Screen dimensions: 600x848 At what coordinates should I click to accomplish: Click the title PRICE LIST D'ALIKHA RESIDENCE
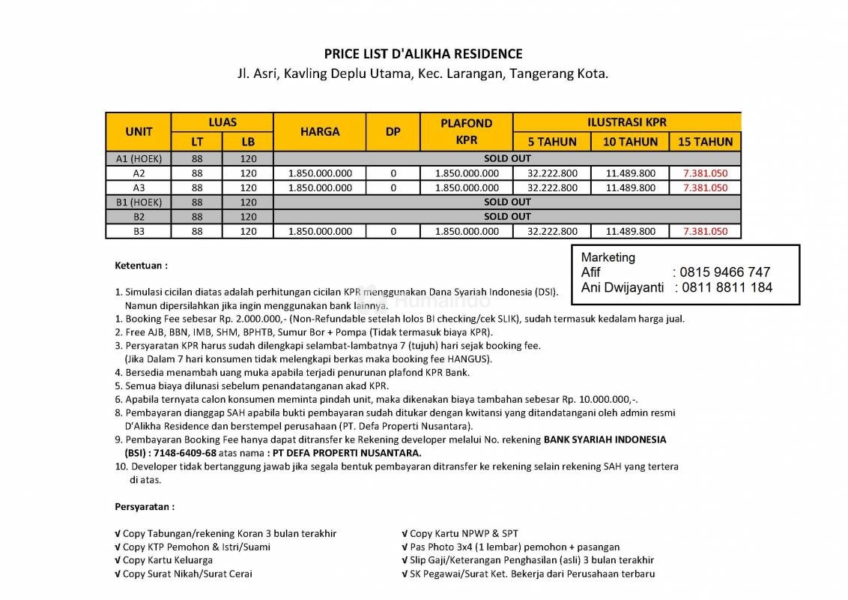[423, 54]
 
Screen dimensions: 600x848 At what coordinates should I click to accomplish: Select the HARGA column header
[320, 131]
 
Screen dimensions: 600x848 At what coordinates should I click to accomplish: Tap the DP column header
[393, 131]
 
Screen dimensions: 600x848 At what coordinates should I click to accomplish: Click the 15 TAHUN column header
[704, 141]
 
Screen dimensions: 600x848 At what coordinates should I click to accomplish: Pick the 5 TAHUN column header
[552, 141]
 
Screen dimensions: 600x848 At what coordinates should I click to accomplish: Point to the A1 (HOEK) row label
[139, 158]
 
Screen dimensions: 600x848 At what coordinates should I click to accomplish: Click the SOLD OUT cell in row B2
[507, 217]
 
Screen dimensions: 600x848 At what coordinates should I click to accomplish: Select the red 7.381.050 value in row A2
[705, 173]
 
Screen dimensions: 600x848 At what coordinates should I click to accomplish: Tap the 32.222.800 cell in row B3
[552, 232]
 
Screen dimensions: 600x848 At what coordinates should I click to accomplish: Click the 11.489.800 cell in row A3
[630, 187]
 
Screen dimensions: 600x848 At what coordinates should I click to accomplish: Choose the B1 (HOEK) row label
[139, 202]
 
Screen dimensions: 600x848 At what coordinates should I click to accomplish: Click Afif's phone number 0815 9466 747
[724, 272]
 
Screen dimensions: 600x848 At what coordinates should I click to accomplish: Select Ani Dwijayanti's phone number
[726, 287]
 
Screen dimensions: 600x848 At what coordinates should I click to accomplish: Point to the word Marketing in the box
[608, 257]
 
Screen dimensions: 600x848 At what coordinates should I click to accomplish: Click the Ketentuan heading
[141, 265]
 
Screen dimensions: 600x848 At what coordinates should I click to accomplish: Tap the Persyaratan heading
[145, 506]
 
